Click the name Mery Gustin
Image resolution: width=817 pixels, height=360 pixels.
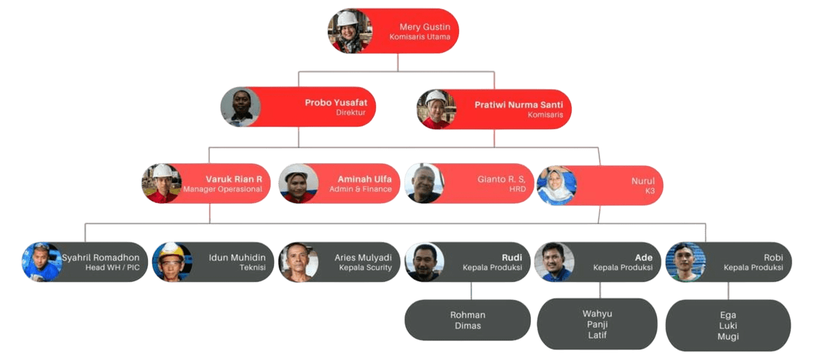point(424,27)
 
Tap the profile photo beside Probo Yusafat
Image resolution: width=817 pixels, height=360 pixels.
point(241,107)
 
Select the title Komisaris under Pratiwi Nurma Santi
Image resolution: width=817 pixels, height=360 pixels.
point(545,114)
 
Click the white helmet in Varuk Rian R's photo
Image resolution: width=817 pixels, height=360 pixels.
point(162,170)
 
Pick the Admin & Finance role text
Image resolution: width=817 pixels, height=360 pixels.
point(361,189)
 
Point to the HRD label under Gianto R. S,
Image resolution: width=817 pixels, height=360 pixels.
point(518,189)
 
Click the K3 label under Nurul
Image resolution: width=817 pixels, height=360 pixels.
point(650,191)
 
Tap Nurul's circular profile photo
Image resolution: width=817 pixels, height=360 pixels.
point(557,185)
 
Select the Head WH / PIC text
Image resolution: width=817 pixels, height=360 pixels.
point(112,267)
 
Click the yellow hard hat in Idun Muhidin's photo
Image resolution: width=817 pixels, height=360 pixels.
point(173,250)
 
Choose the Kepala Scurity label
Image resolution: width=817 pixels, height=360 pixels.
point(366,267)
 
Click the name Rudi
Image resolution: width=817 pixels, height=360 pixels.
point(512,257)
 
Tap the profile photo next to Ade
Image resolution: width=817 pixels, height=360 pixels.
point(555,262)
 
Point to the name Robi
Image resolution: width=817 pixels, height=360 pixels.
point(773,257)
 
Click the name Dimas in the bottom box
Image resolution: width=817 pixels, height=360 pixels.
point(468,326)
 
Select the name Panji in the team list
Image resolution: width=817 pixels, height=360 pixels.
point(597,324)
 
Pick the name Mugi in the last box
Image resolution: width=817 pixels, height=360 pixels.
point(728,336)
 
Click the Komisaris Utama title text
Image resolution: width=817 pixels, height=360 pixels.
point(419,37)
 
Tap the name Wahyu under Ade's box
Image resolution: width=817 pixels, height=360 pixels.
point(597,313)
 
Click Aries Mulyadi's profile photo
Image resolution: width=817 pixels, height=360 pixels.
point(298,262)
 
